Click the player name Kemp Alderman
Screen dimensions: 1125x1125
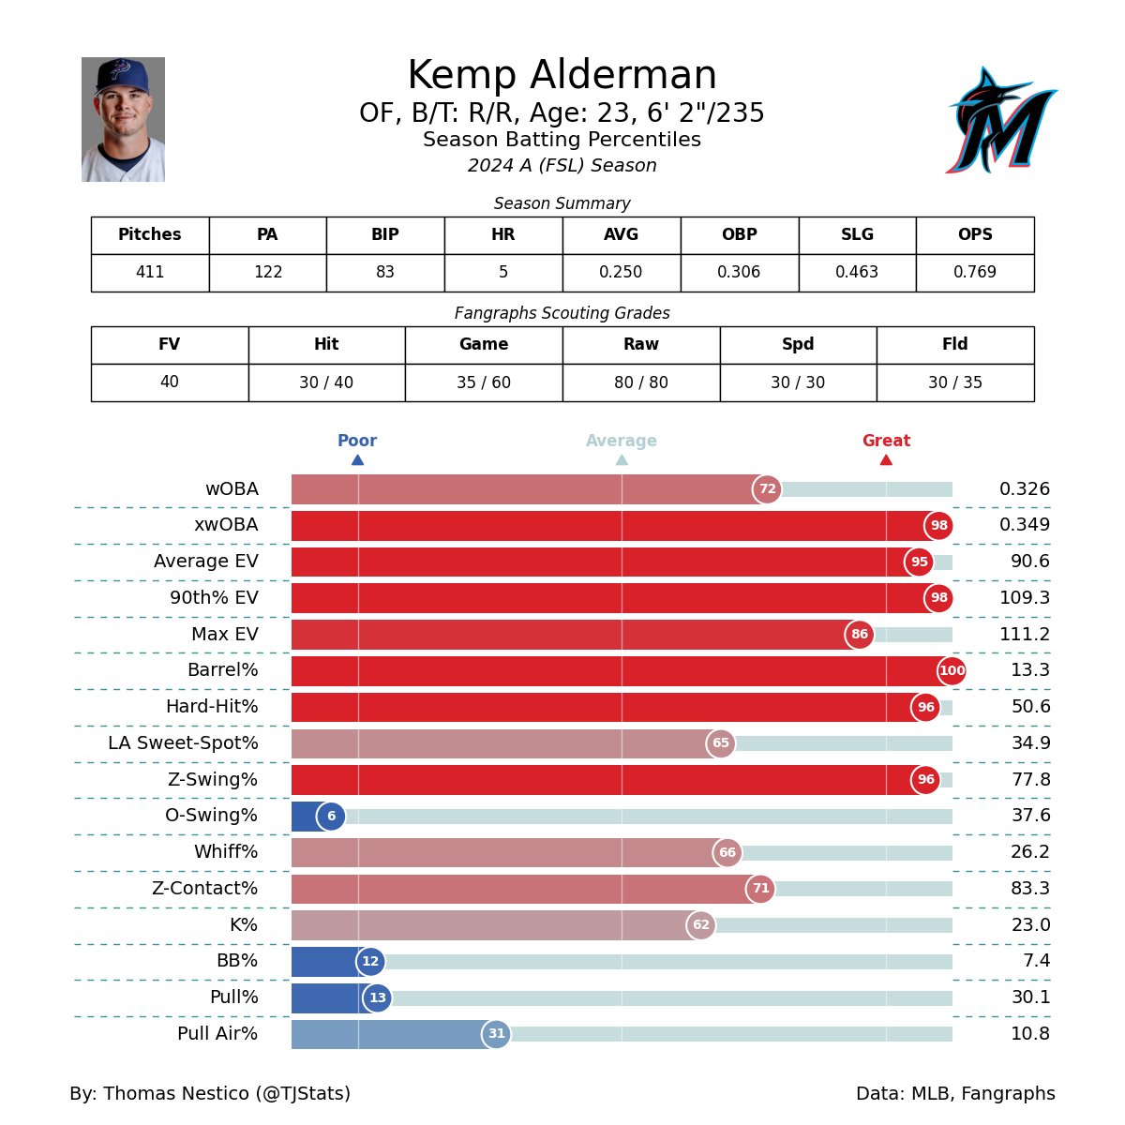(562, 76)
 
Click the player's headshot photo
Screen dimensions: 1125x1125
(123, 120)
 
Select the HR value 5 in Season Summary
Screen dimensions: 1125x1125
(503, 273)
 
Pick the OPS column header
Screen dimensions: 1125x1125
(975, 235)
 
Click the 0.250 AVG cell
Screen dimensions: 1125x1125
(621, 273)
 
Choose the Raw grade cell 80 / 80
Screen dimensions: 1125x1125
(641, 382)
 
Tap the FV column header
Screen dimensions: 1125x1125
(170, 345)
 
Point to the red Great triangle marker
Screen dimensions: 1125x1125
(886, 459)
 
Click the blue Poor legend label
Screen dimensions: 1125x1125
(357, 441)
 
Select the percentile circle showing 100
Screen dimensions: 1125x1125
(952, 670)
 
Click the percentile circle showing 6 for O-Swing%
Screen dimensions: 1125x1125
(331, 817)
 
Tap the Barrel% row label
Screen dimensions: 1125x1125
(222, 670)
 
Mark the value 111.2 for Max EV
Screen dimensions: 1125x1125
(1024, 635)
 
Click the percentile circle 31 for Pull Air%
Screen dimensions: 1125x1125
(496, 1034)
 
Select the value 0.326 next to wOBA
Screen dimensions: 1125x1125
(1024, 489)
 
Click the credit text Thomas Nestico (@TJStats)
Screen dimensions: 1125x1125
(210, 1094)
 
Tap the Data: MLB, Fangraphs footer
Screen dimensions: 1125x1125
(954, 1094)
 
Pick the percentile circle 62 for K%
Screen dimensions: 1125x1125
(700, 925)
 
